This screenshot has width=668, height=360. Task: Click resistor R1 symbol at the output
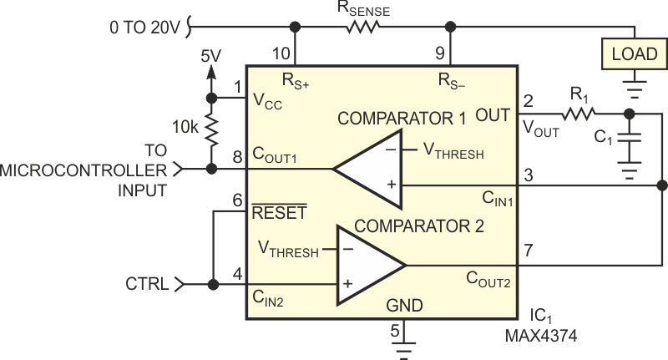pos(578,113)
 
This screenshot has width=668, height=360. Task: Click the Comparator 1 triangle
pos(367,169)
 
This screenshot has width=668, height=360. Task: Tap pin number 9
pos(441,54)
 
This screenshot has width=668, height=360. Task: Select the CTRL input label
pos(149,284)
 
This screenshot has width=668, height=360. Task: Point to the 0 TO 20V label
pos(144,27)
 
